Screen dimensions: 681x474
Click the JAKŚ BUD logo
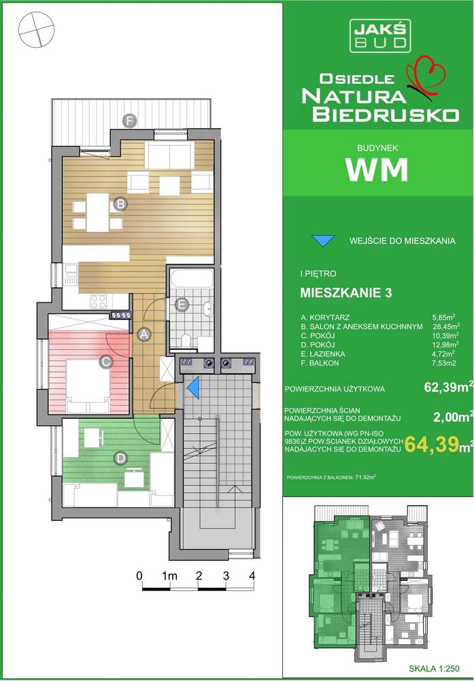point(379,34)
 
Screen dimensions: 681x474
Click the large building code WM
point(377,170)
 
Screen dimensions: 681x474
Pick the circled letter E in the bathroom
point(182,305)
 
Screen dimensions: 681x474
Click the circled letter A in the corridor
point(143,334)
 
